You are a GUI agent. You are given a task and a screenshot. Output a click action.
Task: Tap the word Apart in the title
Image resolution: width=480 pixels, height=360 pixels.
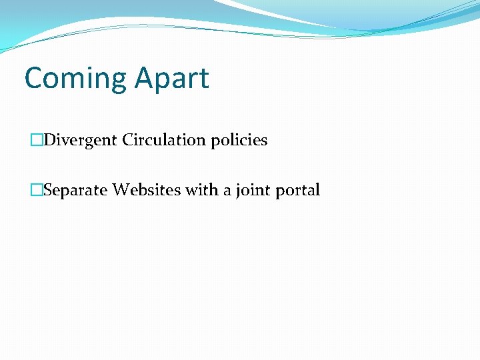[x=171, y=79]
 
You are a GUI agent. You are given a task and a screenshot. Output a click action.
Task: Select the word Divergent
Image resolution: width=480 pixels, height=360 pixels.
[x=81, y=140]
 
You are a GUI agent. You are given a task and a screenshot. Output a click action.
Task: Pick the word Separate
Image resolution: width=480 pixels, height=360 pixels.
[x=76, y=191]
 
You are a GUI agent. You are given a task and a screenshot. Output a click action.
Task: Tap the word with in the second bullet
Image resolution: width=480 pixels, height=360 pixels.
[x=201, y=190]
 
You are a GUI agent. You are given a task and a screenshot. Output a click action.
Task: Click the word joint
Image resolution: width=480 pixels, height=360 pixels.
[x=249, y=191]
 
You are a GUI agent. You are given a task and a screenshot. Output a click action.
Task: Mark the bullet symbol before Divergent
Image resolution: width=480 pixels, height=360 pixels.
[x=37, y=140]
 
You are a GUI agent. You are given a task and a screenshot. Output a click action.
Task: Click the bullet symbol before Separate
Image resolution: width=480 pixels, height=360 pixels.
[x=37, y=190]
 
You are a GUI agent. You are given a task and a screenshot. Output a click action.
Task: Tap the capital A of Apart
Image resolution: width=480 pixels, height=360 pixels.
[x=143, y=78]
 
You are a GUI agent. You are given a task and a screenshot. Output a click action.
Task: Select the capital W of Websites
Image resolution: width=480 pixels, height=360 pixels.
[x=121, y=190]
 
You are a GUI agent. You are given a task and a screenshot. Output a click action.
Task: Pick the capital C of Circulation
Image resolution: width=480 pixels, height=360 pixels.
[x=128, y=140]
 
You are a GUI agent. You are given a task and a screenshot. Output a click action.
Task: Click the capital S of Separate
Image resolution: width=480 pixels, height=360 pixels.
[x=47, y=190]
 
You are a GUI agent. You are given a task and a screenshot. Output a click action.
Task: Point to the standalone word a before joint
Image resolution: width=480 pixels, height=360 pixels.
[x=226, y=191]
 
